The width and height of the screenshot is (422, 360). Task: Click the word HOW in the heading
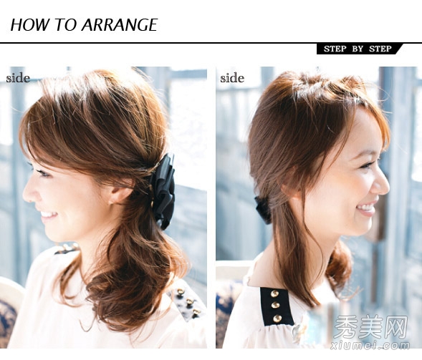coord(29,25)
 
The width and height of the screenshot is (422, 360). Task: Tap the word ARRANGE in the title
coord(120,25)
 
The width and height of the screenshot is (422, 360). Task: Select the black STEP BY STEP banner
coord(359,49)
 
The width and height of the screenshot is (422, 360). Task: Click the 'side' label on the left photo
coord(18,78)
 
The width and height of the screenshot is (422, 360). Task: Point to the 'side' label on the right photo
coord(232,78)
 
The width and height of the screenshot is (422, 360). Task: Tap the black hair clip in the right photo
coord(263,210)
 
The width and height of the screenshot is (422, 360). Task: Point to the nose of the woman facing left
coord(28,193)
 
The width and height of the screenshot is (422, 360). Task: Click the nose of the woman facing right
coord(382,184)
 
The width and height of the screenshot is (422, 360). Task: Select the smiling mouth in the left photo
coord(49,215)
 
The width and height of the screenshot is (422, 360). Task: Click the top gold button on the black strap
coord(274,293)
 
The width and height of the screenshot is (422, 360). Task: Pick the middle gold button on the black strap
coord(275,305)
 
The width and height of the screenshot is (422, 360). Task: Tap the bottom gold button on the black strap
coord(277,318)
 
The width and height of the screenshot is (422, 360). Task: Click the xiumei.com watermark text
coord(370,345)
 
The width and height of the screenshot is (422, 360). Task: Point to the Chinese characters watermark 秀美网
coord(370,328)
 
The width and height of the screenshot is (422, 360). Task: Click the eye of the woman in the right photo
coord(366,165)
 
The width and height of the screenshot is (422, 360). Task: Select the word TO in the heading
coord(65,25)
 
